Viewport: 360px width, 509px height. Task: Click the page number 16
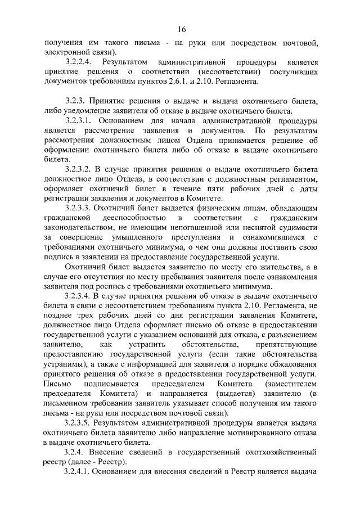180,30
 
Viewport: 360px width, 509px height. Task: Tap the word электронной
67,52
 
